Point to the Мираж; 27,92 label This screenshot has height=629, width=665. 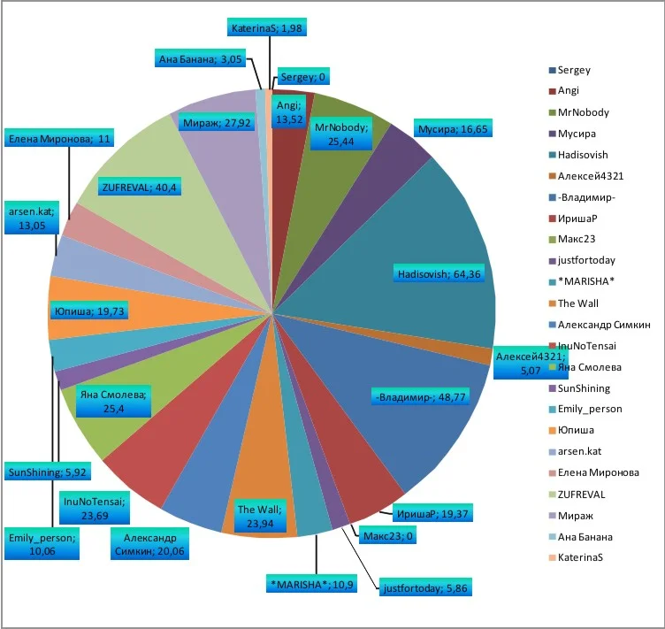pyautogui.click(x=216, y=123)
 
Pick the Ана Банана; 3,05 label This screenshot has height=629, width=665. pyautogui.click(x=198, y=59)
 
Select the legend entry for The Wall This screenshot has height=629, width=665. pyautogui.click(x=578, y=303)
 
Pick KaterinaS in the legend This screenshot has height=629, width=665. pyautogui.click(x=583, y=557)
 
